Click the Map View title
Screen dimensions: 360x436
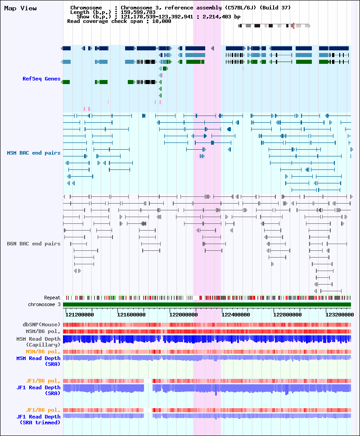pos(20,9)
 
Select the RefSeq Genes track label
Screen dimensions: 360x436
pos(41,79)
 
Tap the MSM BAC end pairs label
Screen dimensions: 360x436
pos(34,153)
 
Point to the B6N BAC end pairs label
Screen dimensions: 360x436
pos(34,244)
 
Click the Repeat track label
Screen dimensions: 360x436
pos(52,298)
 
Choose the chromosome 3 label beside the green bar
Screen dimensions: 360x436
pos(44,304)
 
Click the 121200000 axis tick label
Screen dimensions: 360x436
pos(79,315)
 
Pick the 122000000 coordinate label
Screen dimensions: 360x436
pos(184,315)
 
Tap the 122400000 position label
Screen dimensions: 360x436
pos(235,315)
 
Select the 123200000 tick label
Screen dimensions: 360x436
pos(340,315)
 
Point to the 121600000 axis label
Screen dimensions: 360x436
pos(131,315)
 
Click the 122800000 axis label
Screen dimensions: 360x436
pos(288,315)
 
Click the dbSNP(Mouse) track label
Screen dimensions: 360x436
pos(41,325)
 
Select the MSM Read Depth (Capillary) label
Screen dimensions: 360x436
pos(38,342)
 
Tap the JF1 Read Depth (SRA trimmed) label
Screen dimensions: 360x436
pos(38,420)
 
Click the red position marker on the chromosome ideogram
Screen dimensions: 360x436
pos(293,26)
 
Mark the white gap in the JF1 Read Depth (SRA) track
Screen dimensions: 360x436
pos(148,388)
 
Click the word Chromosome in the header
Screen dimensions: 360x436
pos(86,8)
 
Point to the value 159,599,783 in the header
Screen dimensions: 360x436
pos(138,12)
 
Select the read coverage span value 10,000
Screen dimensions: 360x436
pos(162,21)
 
